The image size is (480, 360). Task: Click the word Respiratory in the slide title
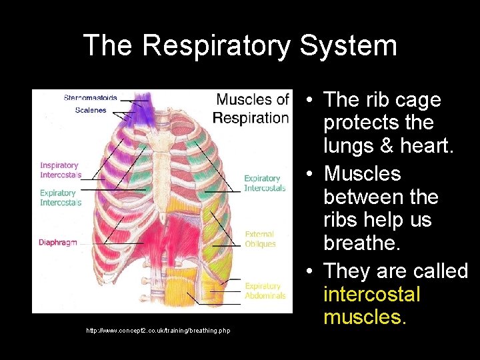click(x=217, y=46)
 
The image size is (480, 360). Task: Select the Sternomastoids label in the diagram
click(x=90, y=98)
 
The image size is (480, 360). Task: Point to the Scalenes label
click(x=90, y=110)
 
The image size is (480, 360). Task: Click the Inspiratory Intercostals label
click(x=60, y=170)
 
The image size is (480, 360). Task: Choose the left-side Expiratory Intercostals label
click(x=60, y=197)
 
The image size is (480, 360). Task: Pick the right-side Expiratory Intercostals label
click(x=264, y=183)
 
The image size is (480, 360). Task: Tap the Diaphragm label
click(x=58, y=243)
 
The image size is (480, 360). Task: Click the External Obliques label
click(x=260, y=239)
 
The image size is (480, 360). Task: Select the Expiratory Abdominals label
click(x=264, y=291)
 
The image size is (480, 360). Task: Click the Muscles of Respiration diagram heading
click(x=252, y=109)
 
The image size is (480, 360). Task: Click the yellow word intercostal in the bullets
click(x=371, y=294)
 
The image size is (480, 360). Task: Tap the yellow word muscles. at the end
click(x=365, y=317)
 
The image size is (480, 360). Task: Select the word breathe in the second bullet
click(x=362, y=243)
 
